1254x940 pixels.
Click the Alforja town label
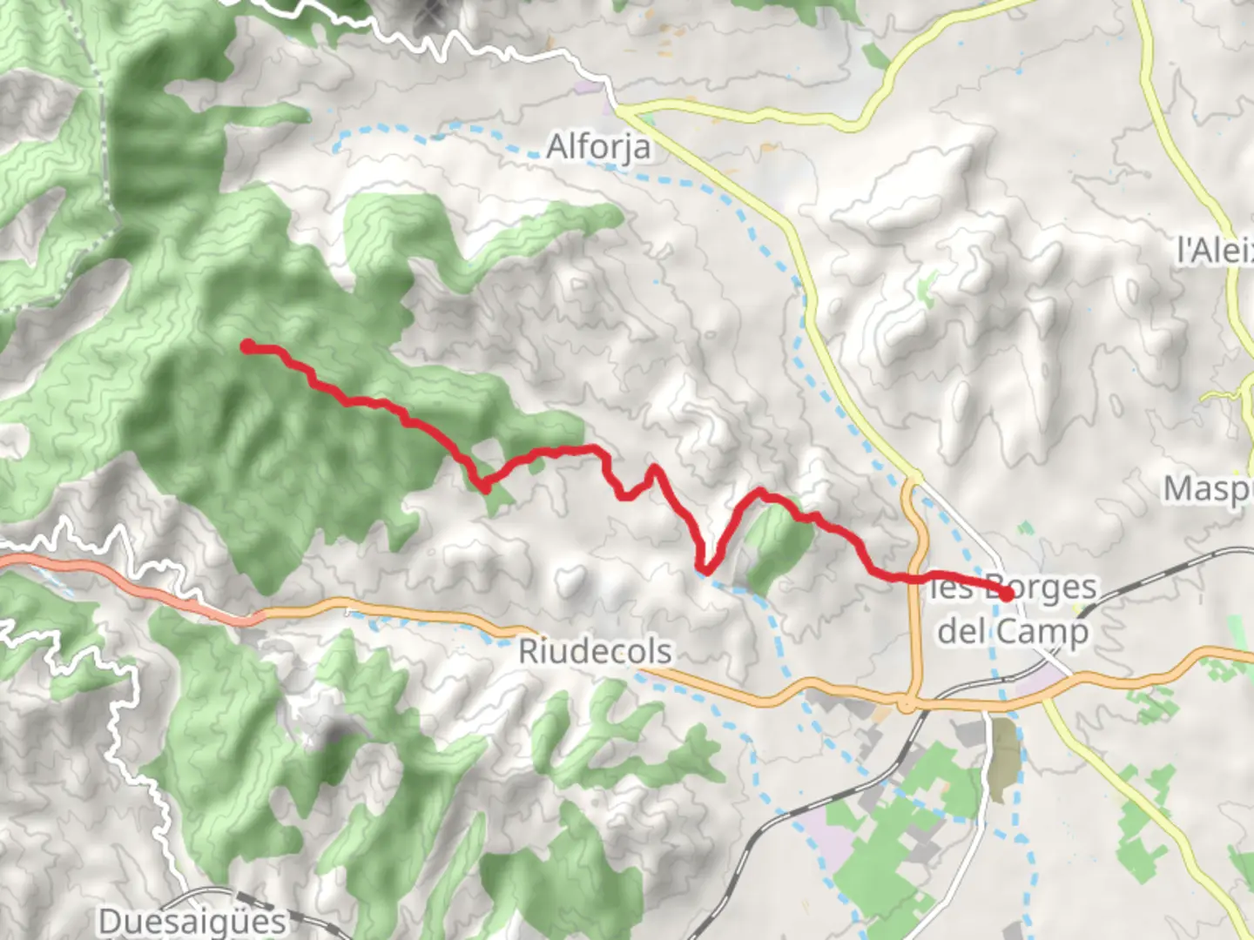pos(598,146)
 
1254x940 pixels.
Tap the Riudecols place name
pos(595,651)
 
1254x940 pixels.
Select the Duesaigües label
pos(192,921)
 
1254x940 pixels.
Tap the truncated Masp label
pos(1208,489)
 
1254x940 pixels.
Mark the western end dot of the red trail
pos(248,346)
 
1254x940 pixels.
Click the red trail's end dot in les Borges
pos(1007,595)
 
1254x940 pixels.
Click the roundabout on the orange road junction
pos(908,701)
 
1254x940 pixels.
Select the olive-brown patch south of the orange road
pos(1003,758)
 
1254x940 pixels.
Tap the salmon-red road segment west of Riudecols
pos(131,585)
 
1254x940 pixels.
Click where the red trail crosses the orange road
pos(916,577)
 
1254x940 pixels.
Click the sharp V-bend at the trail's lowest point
pos(706,571)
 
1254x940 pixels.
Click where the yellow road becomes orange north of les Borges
pos(912,479)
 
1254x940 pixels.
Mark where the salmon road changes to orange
pos(258,617)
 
